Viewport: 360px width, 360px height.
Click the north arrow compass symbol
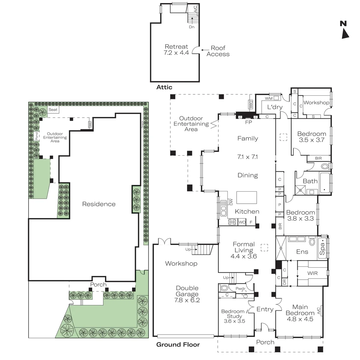pyautogui.click(x=345, y=30)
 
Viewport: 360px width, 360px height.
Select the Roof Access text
pyautogui.click(x=218, y=51)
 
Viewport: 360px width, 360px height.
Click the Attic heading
pyautogui.click(x=164, y=87)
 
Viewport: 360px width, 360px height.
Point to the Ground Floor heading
pyautogui.click(x=178, y=345)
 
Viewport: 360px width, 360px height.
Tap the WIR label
pyautogui.click(x=313, y=273)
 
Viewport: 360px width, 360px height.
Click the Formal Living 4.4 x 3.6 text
pyautogui.click(x=244, y=250)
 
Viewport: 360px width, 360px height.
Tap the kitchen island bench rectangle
pyautogui.click(x=247, y=197)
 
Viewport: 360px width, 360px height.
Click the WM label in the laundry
pyautogui.click(x=269, y=98)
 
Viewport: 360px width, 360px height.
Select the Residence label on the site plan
pyautogui.click(x=99, y=204)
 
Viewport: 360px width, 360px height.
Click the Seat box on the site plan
pyautogui.click(x=53, y=110)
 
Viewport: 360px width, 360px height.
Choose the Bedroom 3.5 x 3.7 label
pyautogui.click(x=311, y=137)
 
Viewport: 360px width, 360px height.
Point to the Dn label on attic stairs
pyautogui.click(x=192, y=27)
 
